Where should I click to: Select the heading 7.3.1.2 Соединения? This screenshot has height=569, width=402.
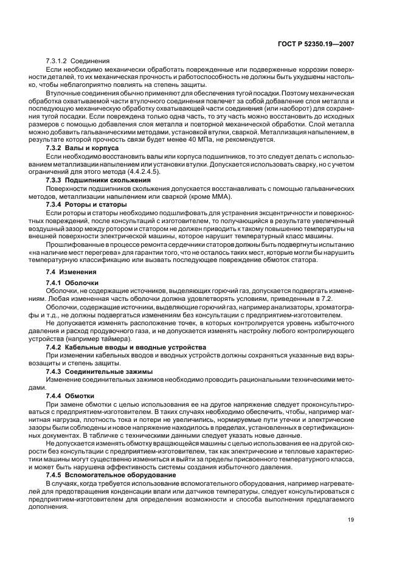click(x=77, y=61)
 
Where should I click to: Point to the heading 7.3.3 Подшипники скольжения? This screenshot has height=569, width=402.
click(x=99, y=180)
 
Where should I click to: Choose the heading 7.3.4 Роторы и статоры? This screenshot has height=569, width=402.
click(x=89, y=204)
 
